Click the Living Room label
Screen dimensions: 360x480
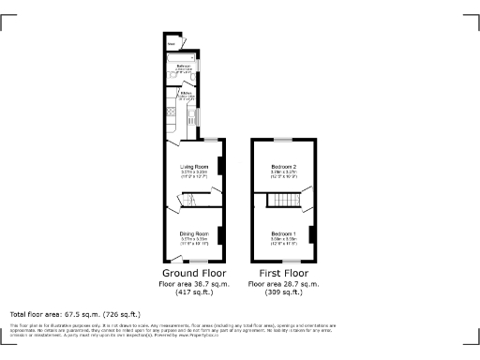[x=192, y=166]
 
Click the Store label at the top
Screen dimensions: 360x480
[x=171, y=43]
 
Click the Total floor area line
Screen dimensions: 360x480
[x=75, y=314]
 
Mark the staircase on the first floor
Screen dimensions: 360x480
[x=280, y=201]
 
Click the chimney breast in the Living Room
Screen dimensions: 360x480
[x=220, y=166]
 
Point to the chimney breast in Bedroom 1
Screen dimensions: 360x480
[x=310, y=234]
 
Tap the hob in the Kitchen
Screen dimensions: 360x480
[x=193, y=116]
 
